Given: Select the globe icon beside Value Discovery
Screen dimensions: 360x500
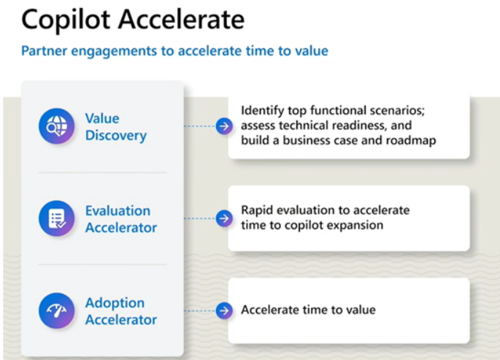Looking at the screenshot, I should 56,126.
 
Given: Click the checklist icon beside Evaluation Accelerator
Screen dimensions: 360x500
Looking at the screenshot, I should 56,218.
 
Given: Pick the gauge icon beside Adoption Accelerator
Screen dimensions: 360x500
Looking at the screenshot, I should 56,310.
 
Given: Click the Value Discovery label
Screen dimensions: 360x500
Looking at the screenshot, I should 115,126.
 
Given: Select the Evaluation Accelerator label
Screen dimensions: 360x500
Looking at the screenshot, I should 120,218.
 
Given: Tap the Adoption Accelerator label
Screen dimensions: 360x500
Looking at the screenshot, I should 120,311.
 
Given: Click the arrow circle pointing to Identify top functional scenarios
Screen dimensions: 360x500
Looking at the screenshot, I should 224,126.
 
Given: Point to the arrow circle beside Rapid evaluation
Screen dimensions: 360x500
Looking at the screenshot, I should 224,218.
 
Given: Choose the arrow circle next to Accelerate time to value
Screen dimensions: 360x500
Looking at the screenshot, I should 224,310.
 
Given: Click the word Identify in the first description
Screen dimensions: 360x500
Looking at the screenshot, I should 263,111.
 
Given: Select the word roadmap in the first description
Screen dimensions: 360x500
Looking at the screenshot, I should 412,140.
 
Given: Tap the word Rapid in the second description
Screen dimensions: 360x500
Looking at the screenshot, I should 257,210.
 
